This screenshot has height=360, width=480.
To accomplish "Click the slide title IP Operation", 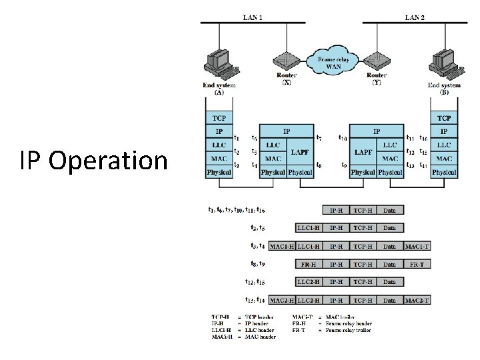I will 93,161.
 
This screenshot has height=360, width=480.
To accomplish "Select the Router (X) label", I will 286,79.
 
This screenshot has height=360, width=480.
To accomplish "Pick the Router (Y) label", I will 377,79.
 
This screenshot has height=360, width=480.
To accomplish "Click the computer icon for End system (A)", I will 219,64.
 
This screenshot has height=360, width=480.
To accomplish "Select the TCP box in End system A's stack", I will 219,119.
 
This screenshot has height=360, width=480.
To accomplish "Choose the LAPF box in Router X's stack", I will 299,152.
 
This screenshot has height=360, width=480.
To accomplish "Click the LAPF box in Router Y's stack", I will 363,152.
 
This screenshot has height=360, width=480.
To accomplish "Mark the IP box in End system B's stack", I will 444,131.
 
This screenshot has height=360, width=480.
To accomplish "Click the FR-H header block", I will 309,263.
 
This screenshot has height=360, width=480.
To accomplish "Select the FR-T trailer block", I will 417,263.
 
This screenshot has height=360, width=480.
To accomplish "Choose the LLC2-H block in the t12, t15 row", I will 309,282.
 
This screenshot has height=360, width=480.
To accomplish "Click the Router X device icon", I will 287,59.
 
